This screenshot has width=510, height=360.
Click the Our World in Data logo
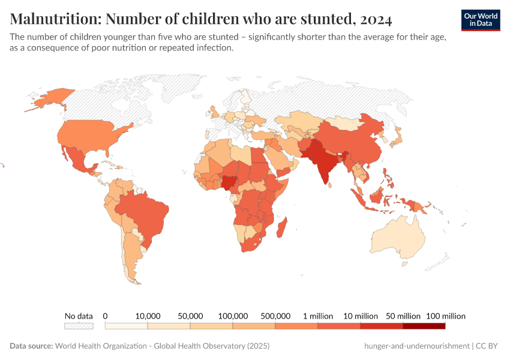point(481,20)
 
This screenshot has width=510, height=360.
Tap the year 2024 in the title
point(376,20)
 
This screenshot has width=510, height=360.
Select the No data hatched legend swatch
point(79,326)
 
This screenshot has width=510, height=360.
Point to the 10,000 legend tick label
point(148,316)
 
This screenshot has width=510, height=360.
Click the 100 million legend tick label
point(445,316)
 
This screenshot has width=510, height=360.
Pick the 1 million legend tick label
point(318,316)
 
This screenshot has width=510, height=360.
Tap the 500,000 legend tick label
point(275,316)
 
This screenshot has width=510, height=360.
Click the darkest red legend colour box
point(424,326)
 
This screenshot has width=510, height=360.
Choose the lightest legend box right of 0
point(127,326)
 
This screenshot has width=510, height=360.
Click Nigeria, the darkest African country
point(229,183)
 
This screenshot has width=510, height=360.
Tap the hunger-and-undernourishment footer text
point(416,346)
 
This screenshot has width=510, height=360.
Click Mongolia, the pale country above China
point(346,123)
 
